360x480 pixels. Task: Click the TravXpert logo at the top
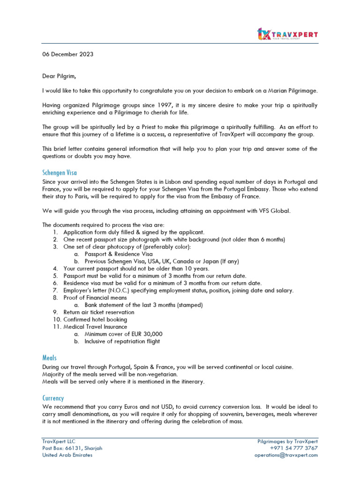288,34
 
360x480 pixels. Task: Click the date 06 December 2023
67,54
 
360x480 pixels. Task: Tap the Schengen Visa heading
60,172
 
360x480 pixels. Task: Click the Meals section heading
49,358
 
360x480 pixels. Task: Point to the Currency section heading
53,398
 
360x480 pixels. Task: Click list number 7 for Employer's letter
55,291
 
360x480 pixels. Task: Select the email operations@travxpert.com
286,455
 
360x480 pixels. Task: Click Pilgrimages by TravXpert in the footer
287,441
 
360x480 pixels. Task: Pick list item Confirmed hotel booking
95,320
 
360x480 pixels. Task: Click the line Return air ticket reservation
98,312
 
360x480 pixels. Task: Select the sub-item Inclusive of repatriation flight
122,341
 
